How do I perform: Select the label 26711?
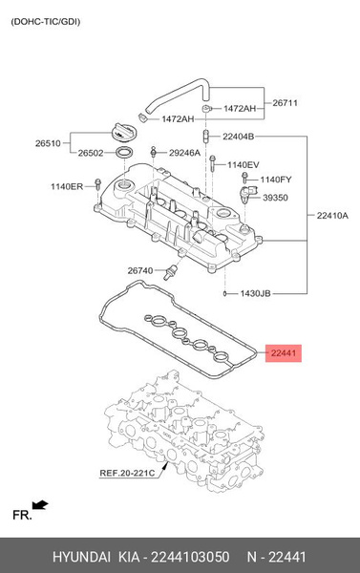(x=286, y=103)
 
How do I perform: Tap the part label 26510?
(x=49, y=144)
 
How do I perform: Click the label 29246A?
(x=184, y=153)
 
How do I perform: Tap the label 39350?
(x=275, y=198)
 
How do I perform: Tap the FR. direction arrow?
(x=39, y=504)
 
